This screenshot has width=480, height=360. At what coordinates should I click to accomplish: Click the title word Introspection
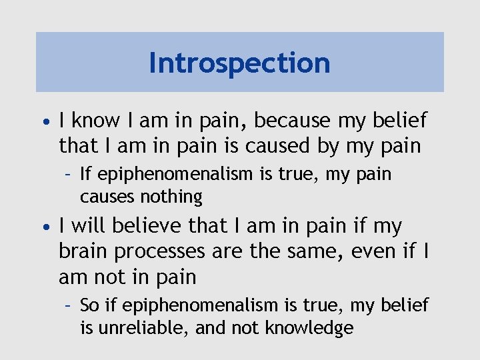(x=239, y=63)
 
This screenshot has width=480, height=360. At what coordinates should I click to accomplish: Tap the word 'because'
(x=291, y=121)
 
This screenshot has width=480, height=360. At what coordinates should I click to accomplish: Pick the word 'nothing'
(x=171, y=197)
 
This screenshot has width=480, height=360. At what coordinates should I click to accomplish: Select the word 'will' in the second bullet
(x=89, y=226)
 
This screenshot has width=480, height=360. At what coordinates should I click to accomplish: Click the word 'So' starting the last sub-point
(x=89, y=305)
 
